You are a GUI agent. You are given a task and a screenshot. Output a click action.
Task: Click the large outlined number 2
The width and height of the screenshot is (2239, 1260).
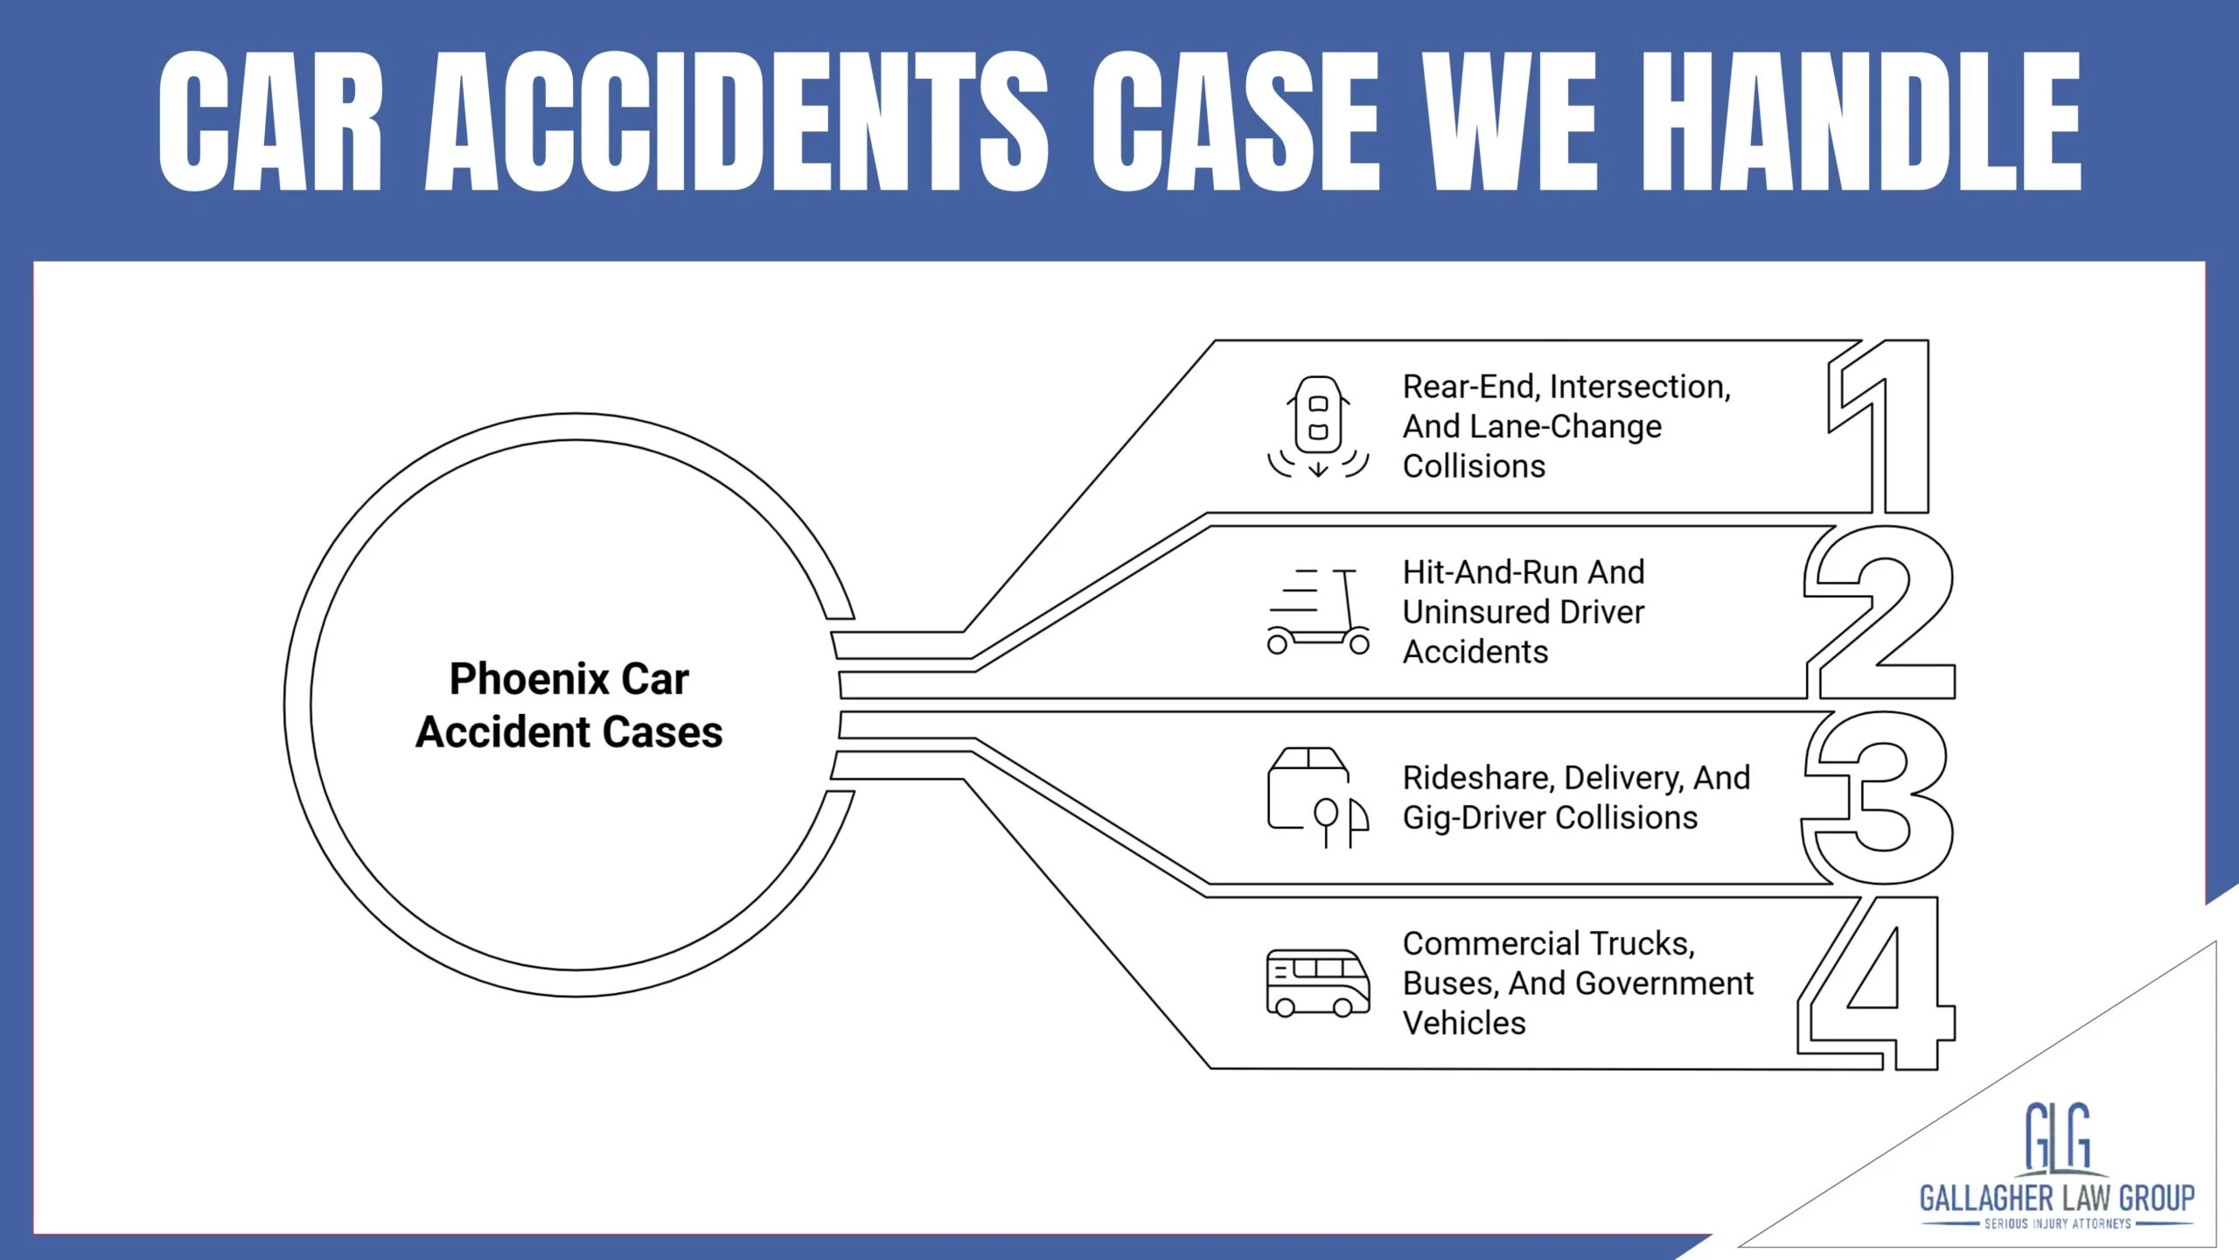tap(1880, 612)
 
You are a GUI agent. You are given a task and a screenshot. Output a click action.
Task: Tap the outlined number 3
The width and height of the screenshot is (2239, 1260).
tap(1880, 798)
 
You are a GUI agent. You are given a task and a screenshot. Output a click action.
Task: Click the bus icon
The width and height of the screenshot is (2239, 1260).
tap(1318, 983)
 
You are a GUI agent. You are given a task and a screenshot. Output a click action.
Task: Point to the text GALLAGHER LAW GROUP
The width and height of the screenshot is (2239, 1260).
tap(2057, 1197)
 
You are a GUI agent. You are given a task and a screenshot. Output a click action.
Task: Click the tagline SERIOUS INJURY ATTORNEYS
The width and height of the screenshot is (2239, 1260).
tap(2057, 1223)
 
